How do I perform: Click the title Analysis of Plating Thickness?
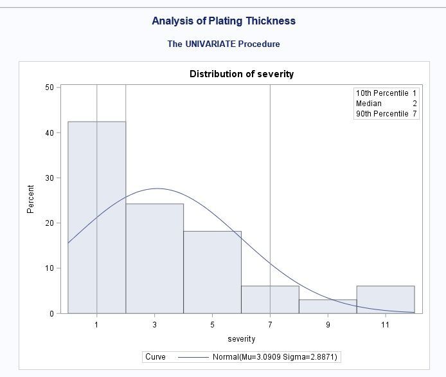pos(224,21)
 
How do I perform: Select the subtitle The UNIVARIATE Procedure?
pos(224,44)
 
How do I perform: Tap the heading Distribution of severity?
pos(242,74)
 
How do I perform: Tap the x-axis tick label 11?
pos(386,325)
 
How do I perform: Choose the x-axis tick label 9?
pos(328,325)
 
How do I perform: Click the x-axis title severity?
pos(242,338)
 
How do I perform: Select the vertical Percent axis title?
pos(30,199)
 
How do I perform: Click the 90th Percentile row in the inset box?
pos(386,114)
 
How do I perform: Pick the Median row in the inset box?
pos(386,104)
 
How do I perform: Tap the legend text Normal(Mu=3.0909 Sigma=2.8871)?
pos(275,357)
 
